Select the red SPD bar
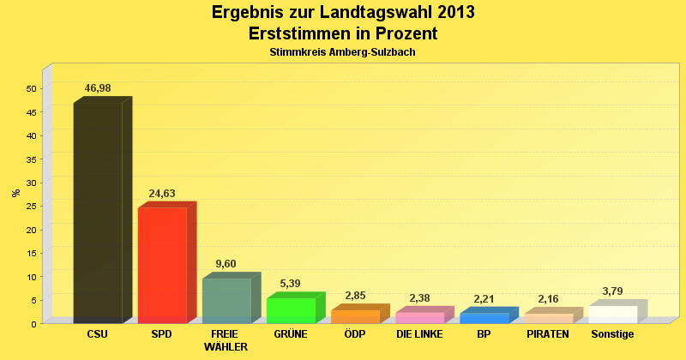pos(162,265)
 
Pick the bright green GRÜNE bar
pos(291,310)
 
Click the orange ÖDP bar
pos(355,316)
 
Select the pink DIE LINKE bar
pos(419,317)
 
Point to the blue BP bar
pos(484,318)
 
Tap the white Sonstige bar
pos(612,314)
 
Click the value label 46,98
pos(98,88)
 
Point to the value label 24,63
pos(162,194)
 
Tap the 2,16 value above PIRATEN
pos(548,299)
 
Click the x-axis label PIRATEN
pos(548,334)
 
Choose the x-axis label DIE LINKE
pos(419,334)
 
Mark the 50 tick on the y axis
pos(31,88)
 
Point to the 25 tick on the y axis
pos(31,207)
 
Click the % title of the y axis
pos(15,193)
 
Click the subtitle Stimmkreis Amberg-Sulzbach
pos(342,52)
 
